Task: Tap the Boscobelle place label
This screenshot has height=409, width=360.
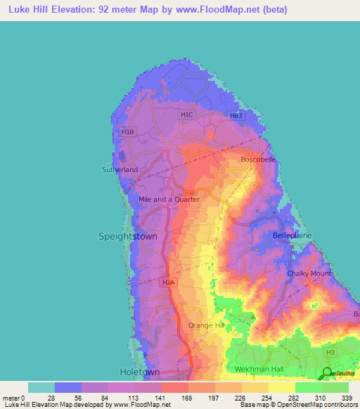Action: (x=259, y=160)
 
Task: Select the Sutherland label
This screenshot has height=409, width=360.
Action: (x=120, y=170)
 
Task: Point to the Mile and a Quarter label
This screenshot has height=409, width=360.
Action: (x=169, y=200)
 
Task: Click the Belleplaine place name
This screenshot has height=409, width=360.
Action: (x=292, y=236)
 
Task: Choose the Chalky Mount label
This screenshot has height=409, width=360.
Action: (x=309, y=273)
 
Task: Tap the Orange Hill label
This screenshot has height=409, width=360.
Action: (x=205, y=325)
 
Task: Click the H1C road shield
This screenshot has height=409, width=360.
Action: (x=186, y=114)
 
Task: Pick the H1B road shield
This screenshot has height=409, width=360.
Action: (x=127, y=131)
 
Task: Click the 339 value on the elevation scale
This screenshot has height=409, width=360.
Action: (x=348, y=398)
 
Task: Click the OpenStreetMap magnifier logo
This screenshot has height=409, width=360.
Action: (x=328, y=373)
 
